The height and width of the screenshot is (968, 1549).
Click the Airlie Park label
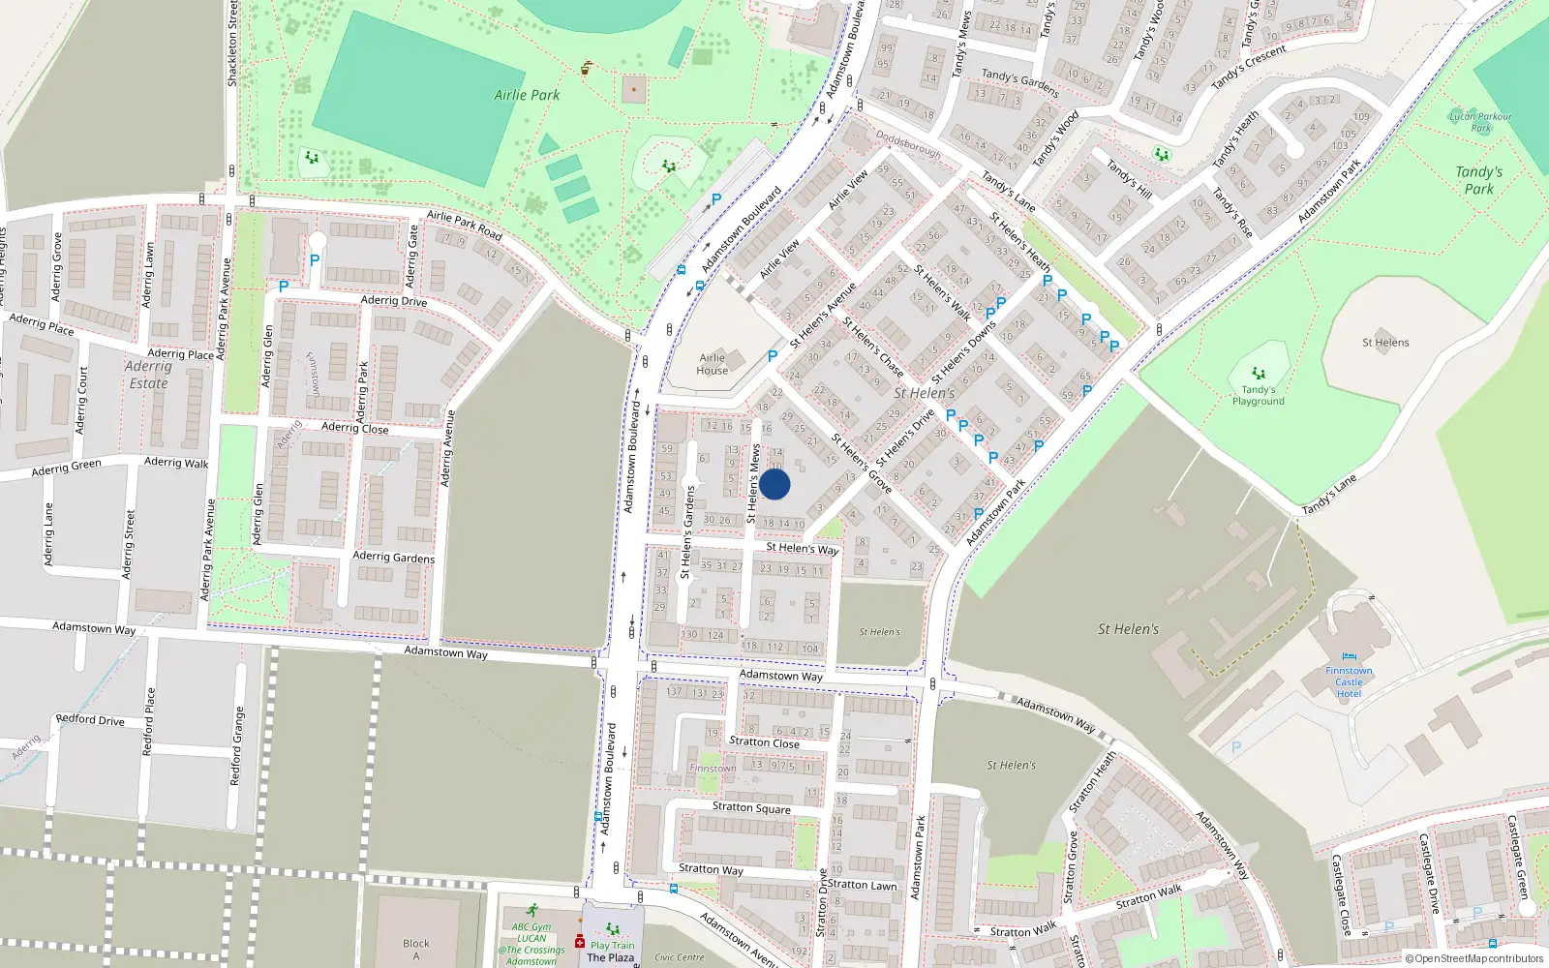pyautogui.click(x=527, y=95)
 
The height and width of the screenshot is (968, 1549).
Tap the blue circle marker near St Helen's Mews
pyautogui.click(x=774, y=484)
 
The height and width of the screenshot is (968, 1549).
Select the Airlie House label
pyautogui.click(x=712, y=364)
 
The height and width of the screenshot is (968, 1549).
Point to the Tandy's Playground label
pyautogui.click(x=1259, y=395)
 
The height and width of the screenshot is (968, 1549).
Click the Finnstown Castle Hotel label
pyautogui.click(x=1349, y=681)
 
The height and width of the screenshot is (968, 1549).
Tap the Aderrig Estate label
pyautogui.click(x=148, y=375)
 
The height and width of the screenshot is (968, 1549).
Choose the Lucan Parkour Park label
pyautogui.click(x=1480, y=122)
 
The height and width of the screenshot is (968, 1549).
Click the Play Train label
pyautogui.click(x=613, y=946)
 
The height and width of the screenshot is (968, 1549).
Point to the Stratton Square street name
pyautogui.click(x=751, y=807)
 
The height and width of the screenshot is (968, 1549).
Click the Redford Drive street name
pyautogui.click(x=90, y=719)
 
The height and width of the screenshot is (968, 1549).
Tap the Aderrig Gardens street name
pyautogui.click(x=393, y=557)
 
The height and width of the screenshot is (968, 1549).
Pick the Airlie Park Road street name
pyautogui.click(x=465, y=226)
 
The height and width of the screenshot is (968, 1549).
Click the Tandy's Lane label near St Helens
pyautogui.click(x=1328, y=496)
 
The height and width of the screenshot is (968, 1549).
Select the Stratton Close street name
pyautogui.click(x=764, y=742)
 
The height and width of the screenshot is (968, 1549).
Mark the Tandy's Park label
pyautogui.click(x=1478, y=180)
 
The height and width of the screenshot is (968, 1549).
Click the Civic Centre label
pyautogui.click(x=680, y=957)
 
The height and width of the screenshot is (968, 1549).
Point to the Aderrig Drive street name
pyautogui.click(x=393, y=301)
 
